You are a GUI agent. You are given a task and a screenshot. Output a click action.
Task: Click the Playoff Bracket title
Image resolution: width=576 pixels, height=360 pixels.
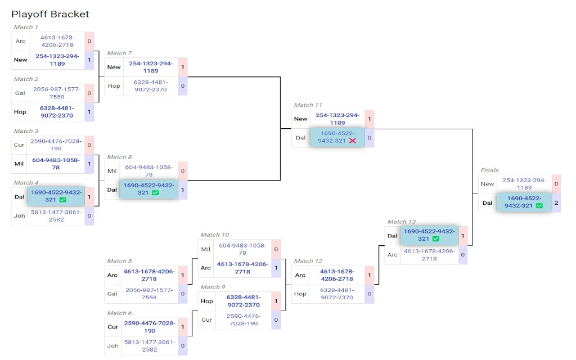pos(50,14)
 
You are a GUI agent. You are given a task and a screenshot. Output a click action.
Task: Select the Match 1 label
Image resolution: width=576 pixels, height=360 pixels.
pos(26,27)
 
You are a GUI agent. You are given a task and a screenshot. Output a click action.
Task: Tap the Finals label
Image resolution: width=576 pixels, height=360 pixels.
pos(489,170)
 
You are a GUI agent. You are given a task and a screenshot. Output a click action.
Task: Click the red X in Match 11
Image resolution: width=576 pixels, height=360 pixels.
pos(353,141)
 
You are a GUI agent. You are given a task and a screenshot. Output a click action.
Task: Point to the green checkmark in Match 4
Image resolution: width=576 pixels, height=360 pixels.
pos(63,200)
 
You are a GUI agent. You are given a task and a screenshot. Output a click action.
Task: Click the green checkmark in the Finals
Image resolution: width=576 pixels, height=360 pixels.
pos(539,206)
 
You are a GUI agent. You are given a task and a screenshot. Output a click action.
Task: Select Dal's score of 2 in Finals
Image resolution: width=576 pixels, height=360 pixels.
pos(556,202)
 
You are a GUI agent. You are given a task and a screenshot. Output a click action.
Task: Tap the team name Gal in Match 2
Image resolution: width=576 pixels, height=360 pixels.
pos(20,93)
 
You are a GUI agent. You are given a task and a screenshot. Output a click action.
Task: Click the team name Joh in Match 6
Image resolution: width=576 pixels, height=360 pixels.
pos(112,346)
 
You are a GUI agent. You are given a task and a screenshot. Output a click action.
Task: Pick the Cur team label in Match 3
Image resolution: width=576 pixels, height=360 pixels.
pos(19,145)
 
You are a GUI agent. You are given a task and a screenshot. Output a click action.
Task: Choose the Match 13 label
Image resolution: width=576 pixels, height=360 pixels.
pos(401,222)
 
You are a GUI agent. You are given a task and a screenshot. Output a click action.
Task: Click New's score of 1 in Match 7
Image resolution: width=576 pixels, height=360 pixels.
pos(183,67)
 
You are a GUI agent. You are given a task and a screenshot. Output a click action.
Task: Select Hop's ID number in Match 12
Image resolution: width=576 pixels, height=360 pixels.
pos(337,294)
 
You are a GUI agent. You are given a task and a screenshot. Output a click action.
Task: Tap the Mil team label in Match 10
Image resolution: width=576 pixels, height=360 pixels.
pos(206,249)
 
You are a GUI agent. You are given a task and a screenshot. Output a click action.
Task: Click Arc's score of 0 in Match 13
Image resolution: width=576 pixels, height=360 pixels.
pos(463,255)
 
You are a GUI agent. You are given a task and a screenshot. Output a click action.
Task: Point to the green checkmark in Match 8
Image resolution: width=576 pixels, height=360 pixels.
pos(155,192)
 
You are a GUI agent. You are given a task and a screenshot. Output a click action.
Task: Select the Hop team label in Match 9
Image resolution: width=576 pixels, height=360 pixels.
pos(207,301)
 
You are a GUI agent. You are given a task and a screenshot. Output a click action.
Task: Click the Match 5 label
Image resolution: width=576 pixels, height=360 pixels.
pos(119,261)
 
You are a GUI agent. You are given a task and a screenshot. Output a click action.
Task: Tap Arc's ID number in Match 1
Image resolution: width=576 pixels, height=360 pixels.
pos(57,41)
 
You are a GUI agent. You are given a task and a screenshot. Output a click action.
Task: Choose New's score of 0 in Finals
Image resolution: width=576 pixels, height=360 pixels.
pos(556,184)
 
